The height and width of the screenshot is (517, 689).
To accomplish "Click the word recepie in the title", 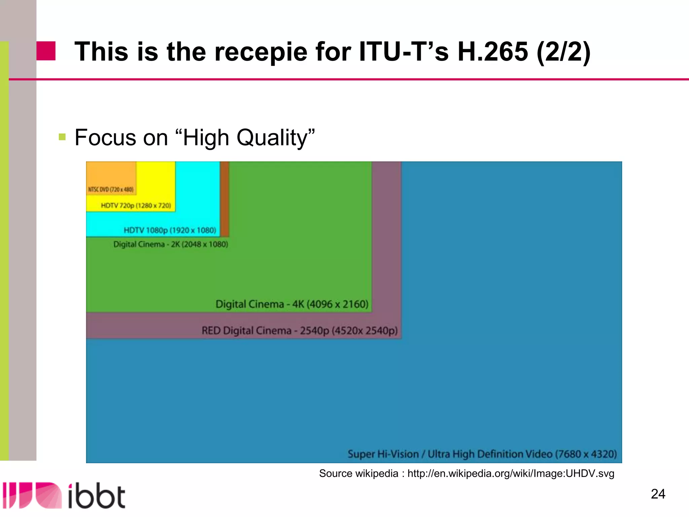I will point(261,52).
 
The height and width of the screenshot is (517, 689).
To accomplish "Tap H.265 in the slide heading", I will point(493,52).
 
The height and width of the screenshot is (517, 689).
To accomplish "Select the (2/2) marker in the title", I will point(564,52).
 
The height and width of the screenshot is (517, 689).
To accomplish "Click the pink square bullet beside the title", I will point(46,51).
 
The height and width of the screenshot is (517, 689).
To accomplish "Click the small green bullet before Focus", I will point(62,137).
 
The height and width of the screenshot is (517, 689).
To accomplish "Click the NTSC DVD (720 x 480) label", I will point(111,189).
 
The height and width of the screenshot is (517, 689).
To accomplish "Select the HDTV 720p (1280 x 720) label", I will point(136,206).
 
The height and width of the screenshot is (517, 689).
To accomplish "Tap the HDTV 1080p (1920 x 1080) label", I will point(170,230).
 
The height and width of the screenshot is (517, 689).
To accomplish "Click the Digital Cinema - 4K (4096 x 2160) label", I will point(292,304).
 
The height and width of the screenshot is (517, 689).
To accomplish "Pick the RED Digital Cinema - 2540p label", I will point(299,331).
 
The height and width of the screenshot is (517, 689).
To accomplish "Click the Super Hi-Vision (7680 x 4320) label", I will point(482,454).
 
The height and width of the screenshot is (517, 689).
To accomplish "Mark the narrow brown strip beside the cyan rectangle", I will point(225,199).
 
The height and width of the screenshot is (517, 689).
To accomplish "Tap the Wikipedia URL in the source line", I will point(511,474).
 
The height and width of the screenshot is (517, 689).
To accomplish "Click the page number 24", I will point(658,494).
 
